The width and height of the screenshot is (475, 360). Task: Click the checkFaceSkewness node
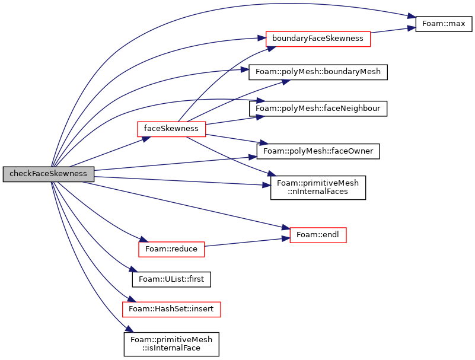pyautogui.click(x=48, y=174)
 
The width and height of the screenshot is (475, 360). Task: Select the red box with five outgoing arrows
pyautogui.click(x=171, y=129)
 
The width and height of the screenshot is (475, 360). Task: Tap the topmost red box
pyautogui.click(x=318, y=39)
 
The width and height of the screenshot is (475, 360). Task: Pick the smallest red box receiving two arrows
pyautogui.click(x=318, y=235)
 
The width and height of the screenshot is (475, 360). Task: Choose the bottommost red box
pyautogui.click(x=171, y=310)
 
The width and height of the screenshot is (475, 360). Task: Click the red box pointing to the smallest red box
pyautogui.click(x=171, y=250)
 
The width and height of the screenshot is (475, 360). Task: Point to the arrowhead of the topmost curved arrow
pyautogui.click(x=412, y=16)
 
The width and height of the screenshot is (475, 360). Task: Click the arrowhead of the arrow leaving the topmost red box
pyautogui.click(x=412, y=28)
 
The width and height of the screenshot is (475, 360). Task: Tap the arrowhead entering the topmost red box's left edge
pyautogui.click(x=262, y=38)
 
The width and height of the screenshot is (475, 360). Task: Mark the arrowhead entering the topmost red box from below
pyautogui.click(x=272, y=49)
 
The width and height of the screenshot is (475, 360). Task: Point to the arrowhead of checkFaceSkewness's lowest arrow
pyautogui.click(x=130, y=329)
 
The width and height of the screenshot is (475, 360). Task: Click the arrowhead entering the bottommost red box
pyautogui.click(x=132, y=299)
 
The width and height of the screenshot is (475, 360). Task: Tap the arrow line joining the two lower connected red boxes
pyautogui.click(x=246, y=242)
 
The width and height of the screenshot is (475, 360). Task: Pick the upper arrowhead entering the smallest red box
pyautogui.click(x=286, y=228)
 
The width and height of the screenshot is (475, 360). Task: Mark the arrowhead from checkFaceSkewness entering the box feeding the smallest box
pyautogui.click(x=144, y=240)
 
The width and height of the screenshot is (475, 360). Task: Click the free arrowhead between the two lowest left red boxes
pyautogui.click(x=133, y=269)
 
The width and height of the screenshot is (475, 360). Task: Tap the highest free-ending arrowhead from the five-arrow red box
pyautogui.click(x=286, y=81)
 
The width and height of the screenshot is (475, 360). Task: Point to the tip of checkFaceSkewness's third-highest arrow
pyautogui.click(x=245, y=69)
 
